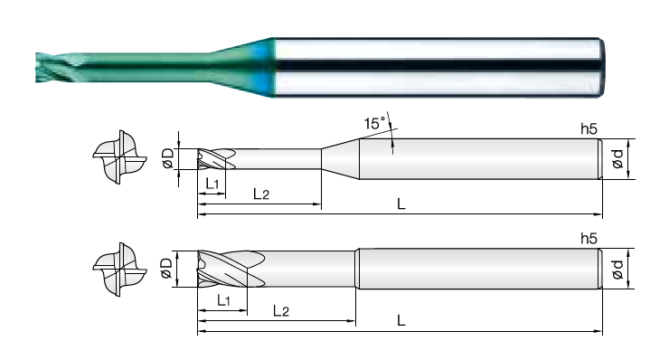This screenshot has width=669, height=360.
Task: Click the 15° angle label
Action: click(374, 123)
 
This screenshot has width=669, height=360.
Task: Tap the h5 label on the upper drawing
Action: click(589, 129)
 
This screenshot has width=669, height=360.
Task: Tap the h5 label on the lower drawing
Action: click(589, 239)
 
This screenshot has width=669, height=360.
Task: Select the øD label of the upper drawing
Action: click(168, 158)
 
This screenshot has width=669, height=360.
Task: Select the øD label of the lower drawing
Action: click(167, 268)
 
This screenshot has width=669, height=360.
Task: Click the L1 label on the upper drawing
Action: click(212, 184)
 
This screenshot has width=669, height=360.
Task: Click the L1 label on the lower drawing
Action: click(223, 300)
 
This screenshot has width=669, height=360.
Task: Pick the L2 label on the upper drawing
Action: click(261, 194)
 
